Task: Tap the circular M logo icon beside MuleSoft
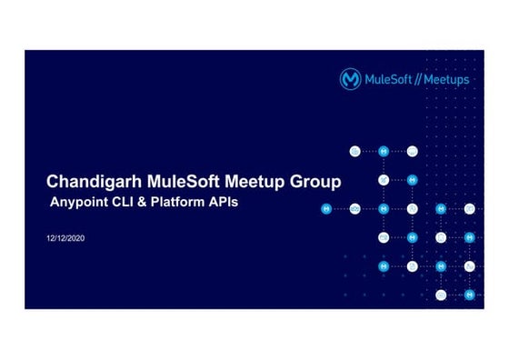pos(351,79)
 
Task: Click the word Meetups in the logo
pos(446,80)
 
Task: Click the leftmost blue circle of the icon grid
pos(326,209)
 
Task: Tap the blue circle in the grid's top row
pos(384,151)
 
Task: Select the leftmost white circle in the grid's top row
pos(354,151)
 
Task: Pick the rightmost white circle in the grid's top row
pos(412,151)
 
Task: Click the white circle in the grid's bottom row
pos(441,295)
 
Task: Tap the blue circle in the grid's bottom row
pos(469,295)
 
